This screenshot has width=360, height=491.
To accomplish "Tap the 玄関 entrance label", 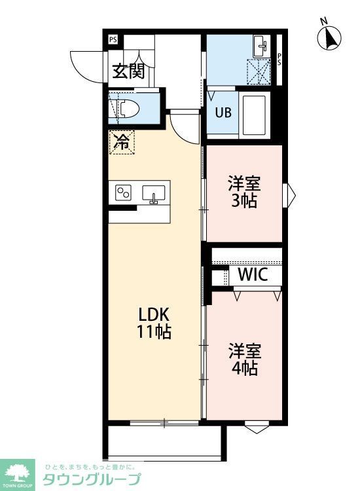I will coord(128,71).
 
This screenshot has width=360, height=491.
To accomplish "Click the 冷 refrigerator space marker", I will coord(122,142).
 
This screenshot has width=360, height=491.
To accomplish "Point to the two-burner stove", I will coord(124,192).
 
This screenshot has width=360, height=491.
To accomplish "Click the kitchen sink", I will coord(154,194).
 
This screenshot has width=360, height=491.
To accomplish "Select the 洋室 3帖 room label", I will coord(243,192).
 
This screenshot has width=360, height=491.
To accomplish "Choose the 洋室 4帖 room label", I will coord(243,359).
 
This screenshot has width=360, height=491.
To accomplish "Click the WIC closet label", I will coord(253,275).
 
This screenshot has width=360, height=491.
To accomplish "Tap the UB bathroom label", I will coord(223,112).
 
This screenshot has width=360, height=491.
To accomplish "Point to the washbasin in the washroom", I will coord(261,45).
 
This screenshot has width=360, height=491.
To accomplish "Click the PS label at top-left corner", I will coord(113,39).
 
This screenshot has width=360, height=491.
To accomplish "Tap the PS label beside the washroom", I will coord(279,59).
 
